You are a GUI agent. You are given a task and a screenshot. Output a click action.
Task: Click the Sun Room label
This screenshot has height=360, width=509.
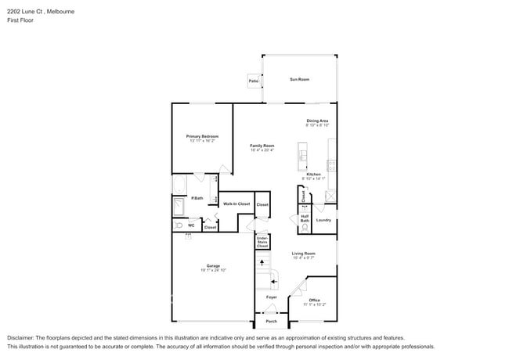(299, 79)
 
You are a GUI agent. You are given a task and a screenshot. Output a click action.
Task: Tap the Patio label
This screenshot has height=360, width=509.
(254, 81)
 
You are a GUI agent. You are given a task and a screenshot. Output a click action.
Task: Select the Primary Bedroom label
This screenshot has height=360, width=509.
(203, 136)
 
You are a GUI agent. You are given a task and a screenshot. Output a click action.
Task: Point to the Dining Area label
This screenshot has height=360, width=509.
(317, 121)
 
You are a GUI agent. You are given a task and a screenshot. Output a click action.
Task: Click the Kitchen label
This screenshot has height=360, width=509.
(313, 174)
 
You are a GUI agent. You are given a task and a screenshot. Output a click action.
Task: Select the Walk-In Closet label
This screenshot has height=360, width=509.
(236, 203)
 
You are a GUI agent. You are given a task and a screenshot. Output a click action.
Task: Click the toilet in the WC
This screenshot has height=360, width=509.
(178, 225)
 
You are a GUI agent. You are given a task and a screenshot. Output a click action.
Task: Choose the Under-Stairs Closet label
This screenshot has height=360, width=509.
(262, 243)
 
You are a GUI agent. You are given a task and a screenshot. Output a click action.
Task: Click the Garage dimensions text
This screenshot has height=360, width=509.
(213, 270)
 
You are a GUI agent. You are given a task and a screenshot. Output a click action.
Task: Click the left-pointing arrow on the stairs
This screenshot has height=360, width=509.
(273, 279)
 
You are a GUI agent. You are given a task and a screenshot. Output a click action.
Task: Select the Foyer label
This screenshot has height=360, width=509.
(271, 297)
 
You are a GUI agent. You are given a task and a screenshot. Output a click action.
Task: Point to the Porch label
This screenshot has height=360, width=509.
(271, 321)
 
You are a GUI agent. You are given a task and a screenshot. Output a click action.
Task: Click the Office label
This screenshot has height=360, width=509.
(314, 300)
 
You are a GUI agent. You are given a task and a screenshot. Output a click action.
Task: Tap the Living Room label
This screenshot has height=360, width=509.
(303, 254)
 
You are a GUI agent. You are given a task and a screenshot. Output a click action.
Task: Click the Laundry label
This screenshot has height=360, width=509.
(323, 220)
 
